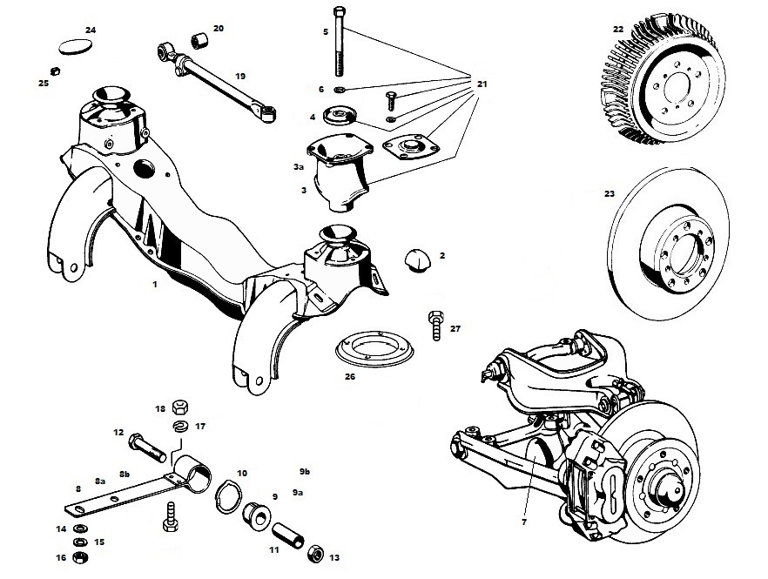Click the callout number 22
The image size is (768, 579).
click(617, 29)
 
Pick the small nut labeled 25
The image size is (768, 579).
click(54, 70)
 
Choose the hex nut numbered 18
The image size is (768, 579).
click(182, 406)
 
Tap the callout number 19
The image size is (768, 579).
click(216, 76)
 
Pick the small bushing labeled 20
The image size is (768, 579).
click(198, 38)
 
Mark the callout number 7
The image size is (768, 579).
click(523, 522)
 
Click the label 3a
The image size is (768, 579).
click(299, 166)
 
